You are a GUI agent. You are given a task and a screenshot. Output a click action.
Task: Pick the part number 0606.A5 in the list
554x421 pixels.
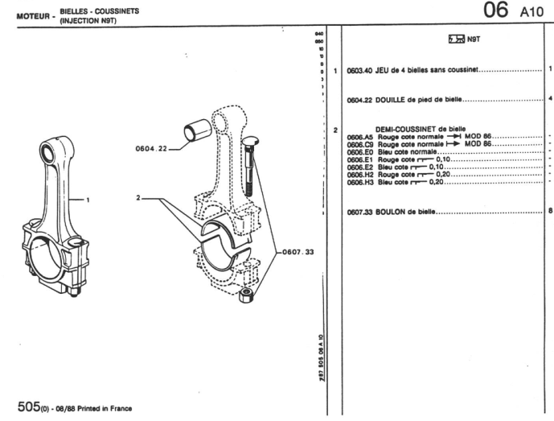pos(360,138)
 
